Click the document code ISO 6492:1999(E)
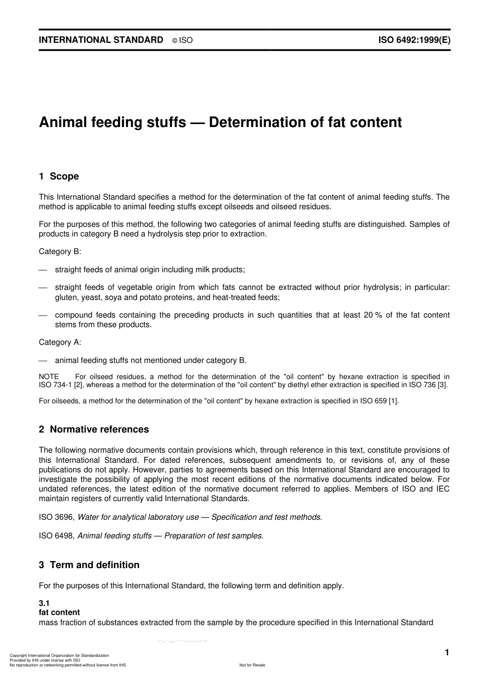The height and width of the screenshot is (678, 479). (x=414, y=40)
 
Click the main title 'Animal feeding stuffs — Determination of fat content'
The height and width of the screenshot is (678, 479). (x=220, y=122)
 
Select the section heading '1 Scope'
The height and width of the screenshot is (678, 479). (x=59, y=176)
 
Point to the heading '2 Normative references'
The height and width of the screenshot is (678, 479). (x=94, y=429)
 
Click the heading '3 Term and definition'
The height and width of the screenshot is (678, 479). (x=89, y=565)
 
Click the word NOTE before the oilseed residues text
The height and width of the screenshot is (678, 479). (x=49, y=377)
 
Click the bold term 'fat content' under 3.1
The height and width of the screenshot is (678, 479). (x=59, y=612)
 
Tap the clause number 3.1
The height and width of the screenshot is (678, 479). (x=44, y=603)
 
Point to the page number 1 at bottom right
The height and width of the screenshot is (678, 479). (x=447, y=653)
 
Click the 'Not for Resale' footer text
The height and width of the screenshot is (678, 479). (x=252, y=665)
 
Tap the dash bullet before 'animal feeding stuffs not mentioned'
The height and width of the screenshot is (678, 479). (x=43, y=360)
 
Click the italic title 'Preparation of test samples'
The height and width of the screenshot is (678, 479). (x=213, y=536)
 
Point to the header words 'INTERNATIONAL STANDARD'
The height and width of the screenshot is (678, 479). (x=101, y=40)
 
